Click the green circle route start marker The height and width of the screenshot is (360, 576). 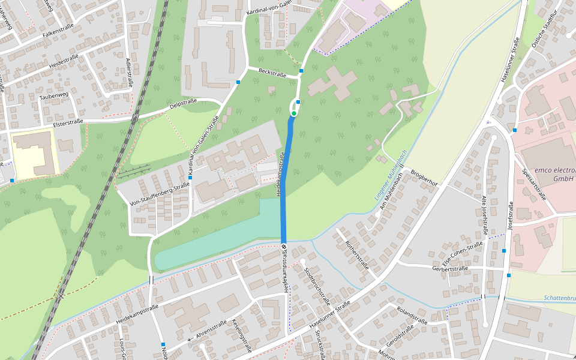294,113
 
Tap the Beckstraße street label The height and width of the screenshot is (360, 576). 272,73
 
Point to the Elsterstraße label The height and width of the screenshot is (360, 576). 68,122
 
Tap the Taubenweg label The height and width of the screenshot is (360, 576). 54,95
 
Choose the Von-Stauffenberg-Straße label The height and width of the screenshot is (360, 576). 160,193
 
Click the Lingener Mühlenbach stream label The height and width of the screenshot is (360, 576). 391,175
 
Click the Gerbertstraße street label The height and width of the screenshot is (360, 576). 449,269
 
